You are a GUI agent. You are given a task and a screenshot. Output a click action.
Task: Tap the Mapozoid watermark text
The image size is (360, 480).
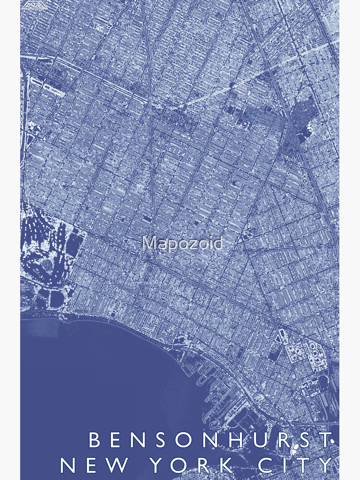182,243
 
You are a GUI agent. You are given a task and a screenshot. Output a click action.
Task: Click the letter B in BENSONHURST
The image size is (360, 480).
95,441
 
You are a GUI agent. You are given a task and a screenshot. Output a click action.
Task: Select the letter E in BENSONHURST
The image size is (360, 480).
119,441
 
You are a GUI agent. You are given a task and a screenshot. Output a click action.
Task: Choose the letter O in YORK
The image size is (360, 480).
184,465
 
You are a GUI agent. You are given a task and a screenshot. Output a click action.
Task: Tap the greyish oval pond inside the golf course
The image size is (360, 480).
47,264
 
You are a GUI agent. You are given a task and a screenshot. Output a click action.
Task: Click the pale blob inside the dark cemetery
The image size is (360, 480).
308,128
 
